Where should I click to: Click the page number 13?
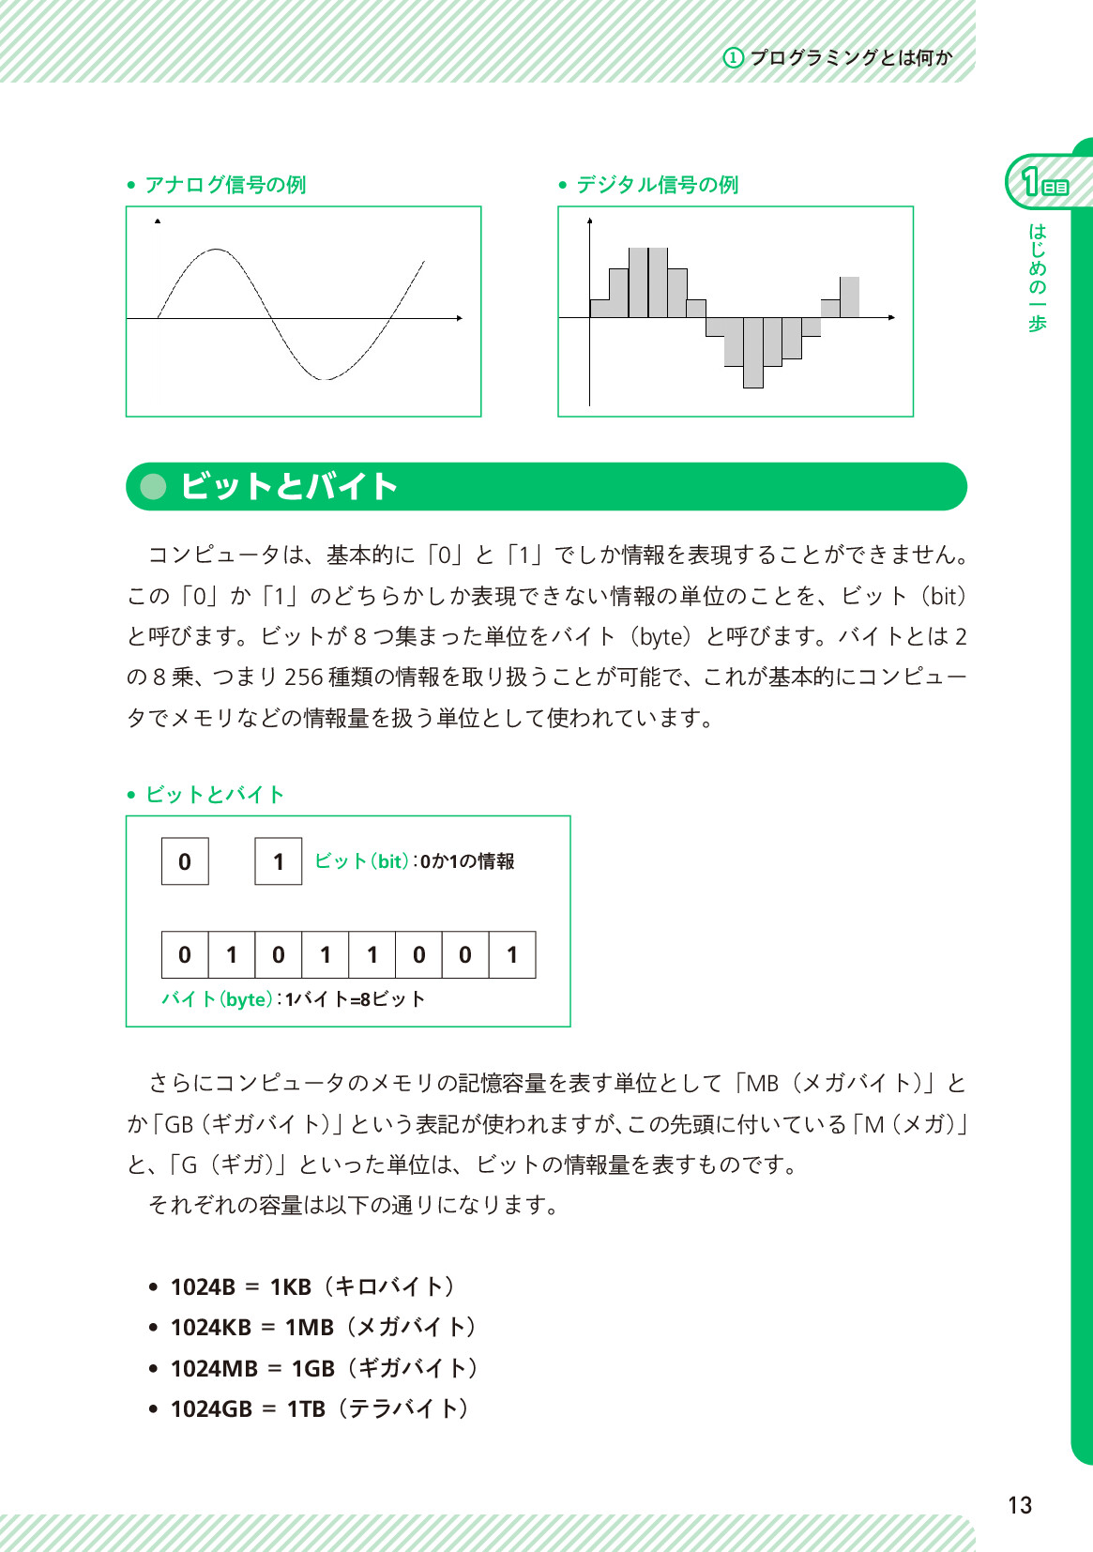pos(1019,1505)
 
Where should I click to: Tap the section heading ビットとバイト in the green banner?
pos(289,486)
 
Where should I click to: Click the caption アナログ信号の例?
pos(225,185)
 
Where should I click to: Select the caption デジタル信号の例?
pos(657,185)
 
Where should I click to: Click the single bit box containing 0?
pos(185,861)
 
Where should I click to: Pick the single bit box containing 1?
pos(279,861)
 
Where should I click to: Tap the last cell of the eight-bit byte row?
pos(512,955)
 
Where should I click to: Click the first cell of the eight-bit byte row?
pos(185,955)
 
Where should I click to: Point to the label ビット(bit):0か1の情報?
pos(414,861)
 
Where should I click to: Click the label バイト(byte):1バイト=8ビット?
pos(293,999)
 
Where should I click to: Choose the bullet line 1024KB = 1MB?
pos(323,1327)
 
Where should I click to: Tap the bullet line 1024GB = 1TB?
pos(319,1408)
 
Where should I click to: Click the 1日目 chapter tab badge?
pos(1044,182)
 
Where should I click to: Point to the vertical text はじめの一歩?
pos(1037,278)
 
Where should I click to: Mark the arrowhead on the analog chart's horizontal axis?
pos(459,318)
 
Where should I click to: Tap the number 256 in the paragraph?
pos(304,677)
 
